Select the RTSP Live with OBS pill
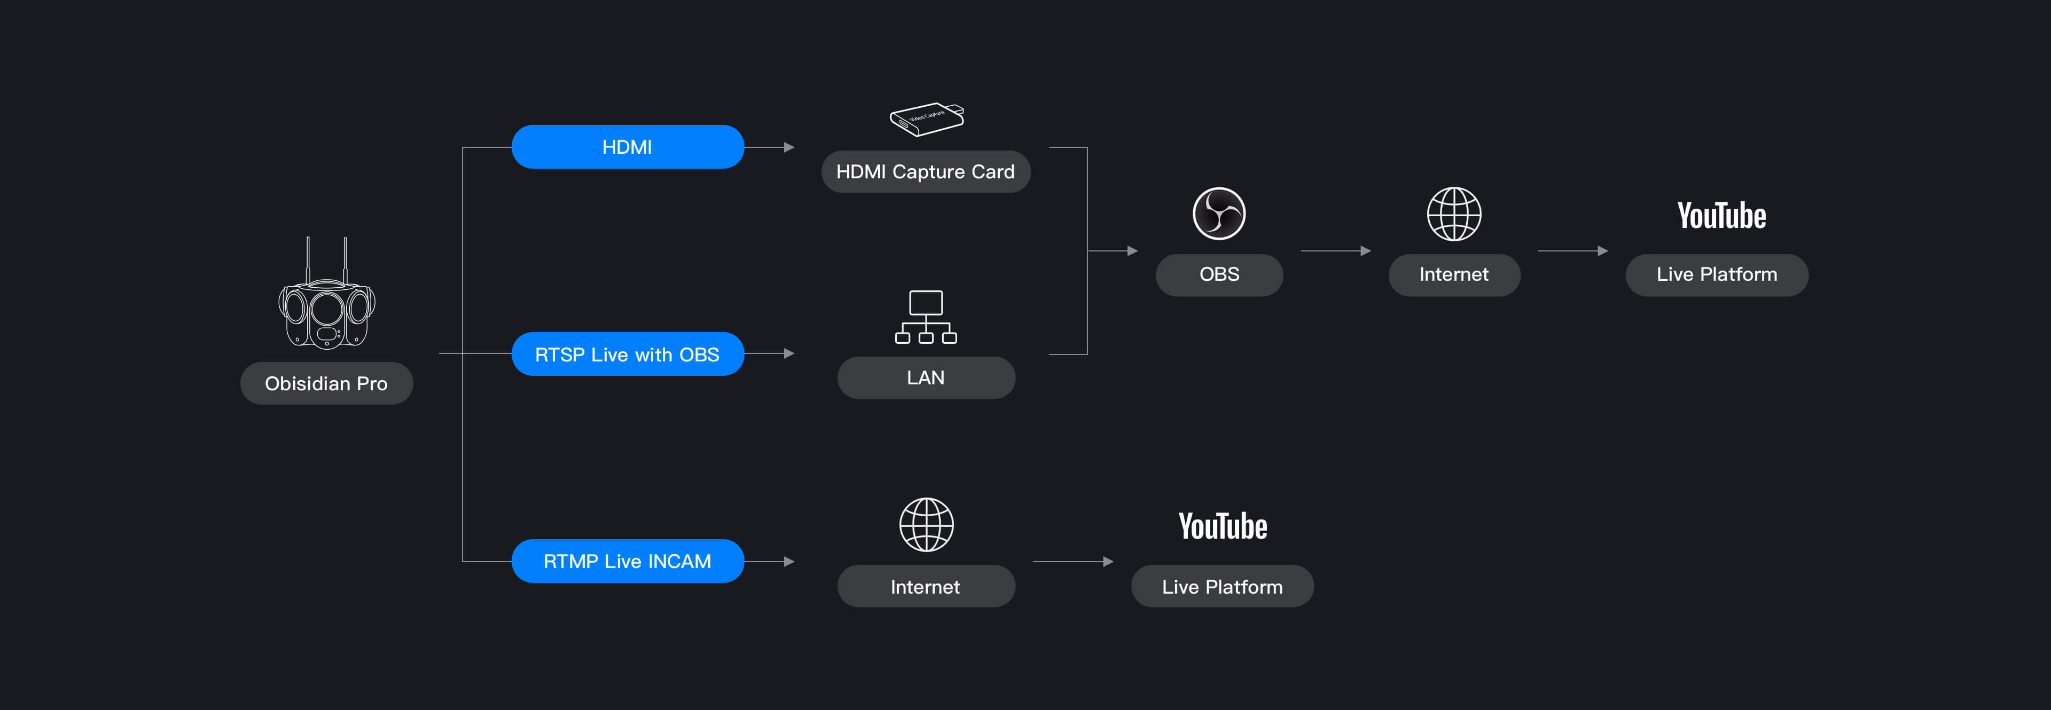point(628,354)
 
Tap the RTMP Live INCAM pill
point(628,561)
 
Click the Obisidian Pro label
point(326,384)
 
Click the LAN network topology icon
point(926,317)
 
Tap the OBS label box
point(1219,274)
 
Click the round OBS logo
point(1219,214)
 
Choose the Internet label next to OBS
point(1454,274)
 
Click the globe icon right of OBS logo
point(1454,214)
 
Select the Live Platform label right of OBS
point(1717,274)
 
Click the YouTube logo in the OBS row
point(1721,215)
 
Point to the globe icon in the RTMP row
point(926,525)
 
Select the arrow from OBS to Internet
point(1336,251)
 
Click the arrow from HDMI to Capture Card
point(769,147)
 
